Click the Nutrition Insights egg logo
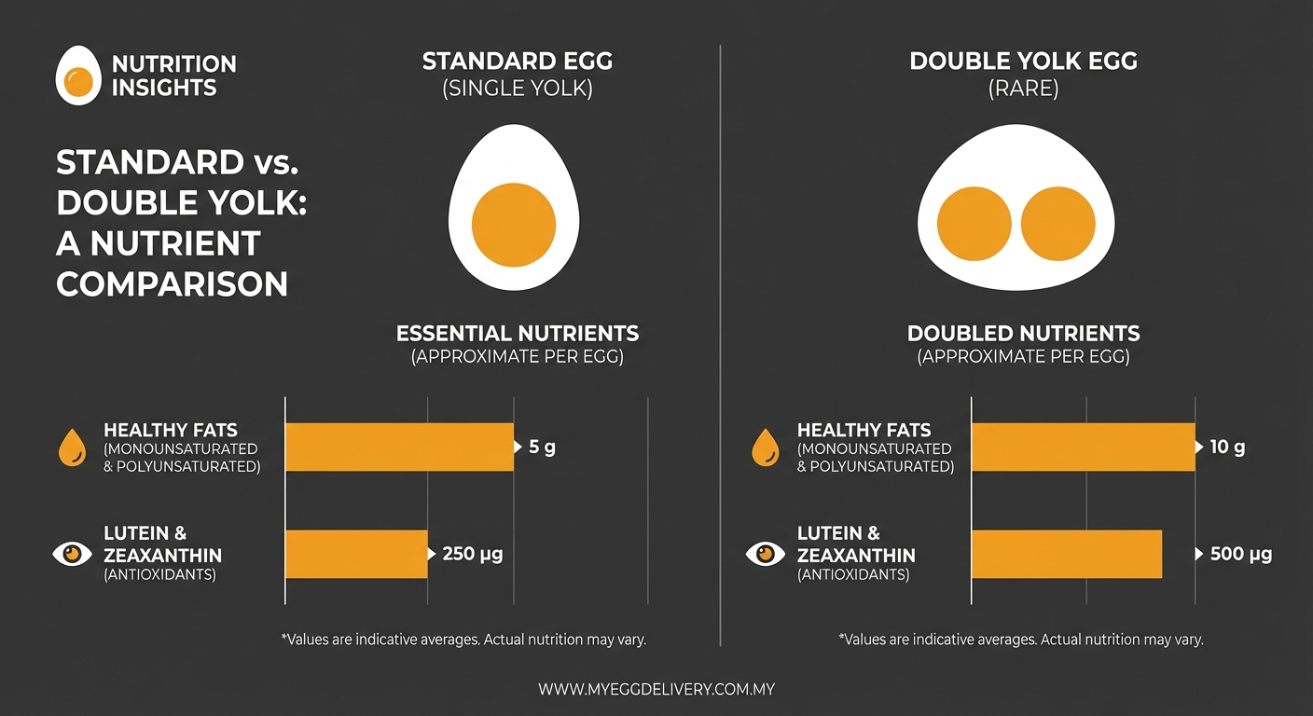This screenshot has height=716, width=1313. (78, 76)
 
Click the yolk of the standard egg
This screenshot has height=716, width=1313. (514, 225)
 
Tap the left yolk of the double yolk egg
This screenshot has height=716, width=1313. (974, 224)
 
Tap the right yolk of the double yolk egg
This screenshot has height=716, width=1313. (1057, 224)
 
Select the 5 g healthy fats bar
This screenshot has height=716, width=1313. (399, 447)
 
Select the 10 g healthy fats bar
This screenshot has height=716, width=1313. (1083, 447)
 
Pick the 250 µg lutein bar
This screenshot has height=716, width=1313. (355, 554)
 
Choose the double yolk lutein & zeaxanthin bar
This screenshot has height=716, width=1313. (1067, 554)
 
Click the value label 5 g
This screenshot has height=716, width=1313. (542, 447)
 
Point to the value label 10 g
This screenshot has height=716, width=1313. (1227, 447)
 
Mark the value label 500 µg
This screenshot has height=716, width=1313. (1240, 554)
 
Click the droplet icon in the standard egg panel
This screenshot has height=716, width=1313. (71, 447)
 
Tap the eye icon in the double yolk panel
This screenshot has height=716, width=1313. (766, 554)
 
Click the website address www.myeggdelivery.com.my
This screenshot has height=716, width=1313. (656, 690)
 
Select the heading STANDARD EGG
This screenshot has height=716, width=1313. (518, 62)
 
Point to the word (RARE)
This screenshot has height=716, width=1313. (1023, 89)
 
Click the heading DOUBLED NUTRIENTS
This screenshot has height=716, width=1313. (1023, 334)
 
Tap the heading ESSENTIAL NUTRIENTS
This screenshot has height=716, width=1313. (518, 334)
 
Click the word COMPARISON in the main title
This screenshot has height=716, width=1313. (173, 284)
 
